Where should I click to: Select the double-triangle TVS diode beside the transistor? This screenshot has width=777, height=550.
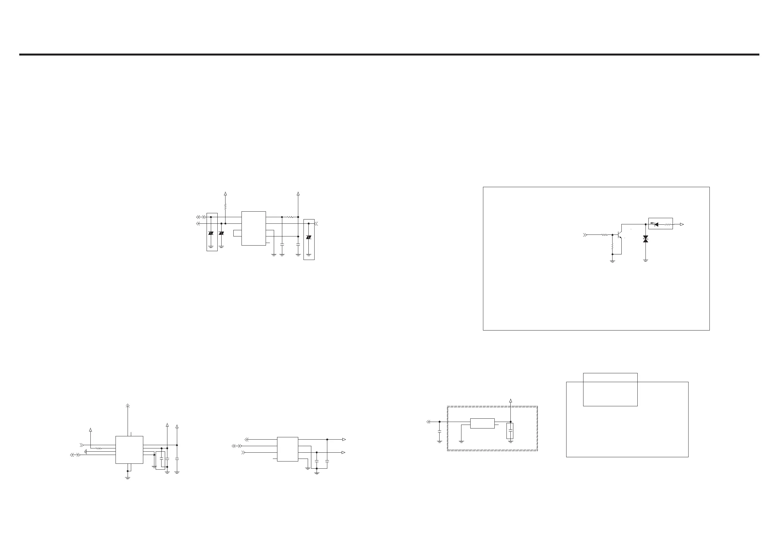pyautogui.click(x=645, y=239)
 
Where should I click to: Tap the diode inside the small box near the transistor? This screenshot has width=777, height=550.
pyautogui.click(x=656, y=224)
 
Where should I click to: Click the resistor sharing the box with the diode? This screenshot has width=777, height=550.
pyautogui.click(x=667, y=224)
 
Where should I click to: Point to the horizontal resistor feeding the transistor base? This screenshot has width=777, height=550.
pyautogui.click(x=604, y=235)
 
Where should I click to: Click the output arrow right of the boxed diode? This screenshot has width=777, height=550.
pyautogui.click(x=682, y=224)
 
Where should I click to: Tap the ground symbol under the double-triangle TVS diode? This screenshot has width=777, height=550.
pyautogui.click(x=645, y=260)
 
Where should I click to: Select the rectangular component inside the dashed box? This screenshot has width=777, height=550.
pyautogui.click(x=482, y=423)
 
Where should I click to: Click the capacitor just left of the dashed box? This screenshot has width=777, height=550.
pyautogui.click(x=439, y=432)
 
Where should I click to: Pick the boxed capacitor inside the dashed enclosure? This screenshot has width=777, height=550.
pyautogui.click(x=510, y=431)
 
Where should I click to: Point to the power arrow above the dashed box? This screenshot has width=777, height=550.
pyautogui.click(x=511, y=401)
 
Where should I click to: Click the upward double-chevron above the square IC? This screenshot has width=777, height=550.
pyautogui.click(x=128, y=406)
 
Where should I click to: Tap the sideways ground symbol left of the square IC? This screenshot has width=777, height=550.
pyautogui.click(x=86, y=451)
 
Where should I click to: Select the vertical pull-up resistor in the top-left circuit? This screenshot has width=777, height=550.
pyautogui.click(x=225, y=206)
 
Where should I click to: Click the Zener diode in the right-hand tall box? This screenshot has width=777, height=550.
pyautogui.click(x=309, y=237)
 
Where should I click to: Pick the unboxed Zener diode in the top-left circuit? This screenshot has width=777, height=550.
pyautogui.click(x=221, y=233)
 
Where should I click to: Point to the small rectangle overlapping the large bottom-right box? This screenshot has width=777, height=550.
pyautogui.click(x=610, y=389)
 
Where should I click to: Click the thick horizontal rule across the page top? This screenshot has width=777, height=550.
pyautogui.click(x=389, y=55)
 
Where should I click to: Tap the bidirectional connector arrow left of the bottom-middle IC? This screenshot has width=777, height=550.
pyautogui.click(x=237, y=446)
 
